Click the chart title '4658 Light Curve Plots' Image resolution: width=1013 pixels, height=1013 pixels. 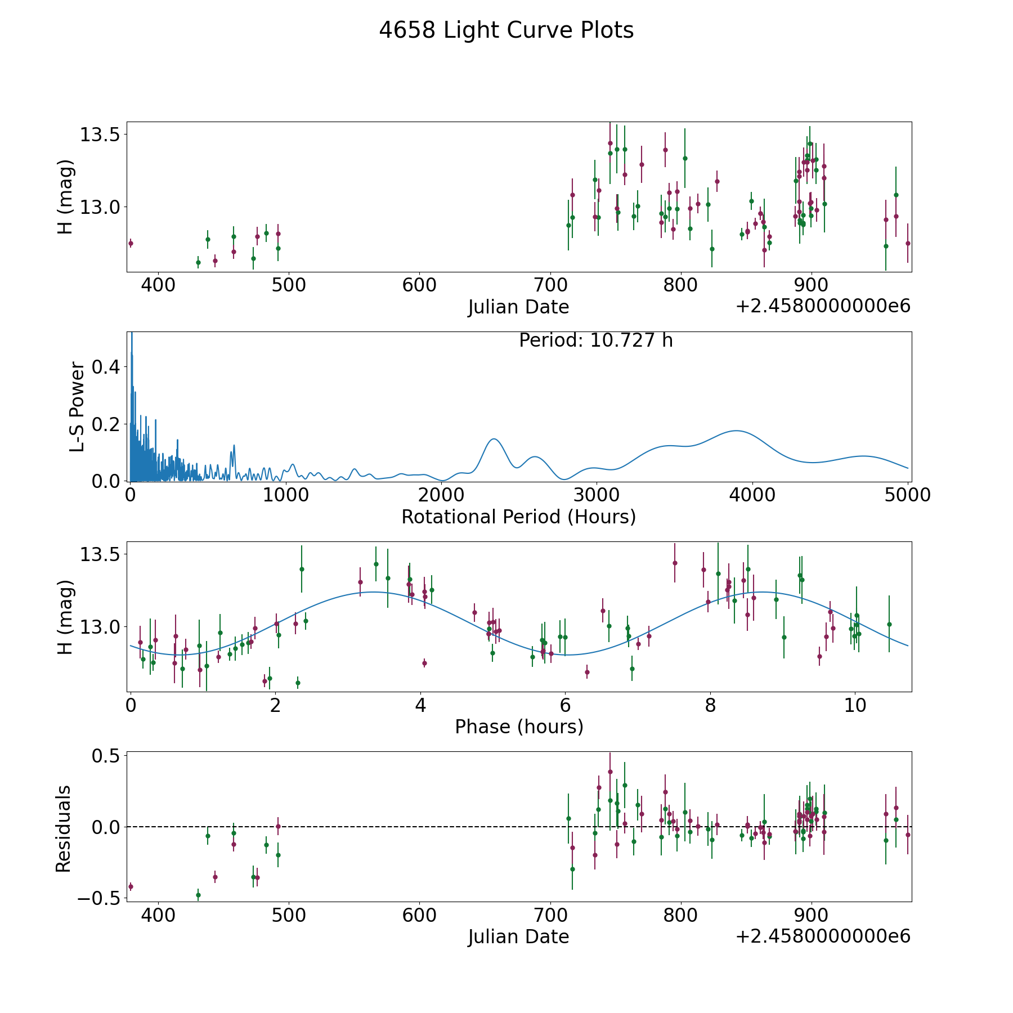(x=506, y=30)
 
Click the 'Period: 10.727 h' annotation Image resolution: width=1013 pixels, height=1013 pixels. (x=595, y=340)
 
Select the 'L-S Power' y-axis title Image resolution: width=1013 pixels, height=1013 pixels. (x=77, y=407)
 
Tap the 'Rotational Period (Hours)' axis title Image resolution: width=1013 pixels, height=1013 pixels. (x=518, y=517)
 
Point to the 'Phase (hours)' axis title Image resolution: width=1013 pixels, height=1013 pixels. (x=518, y=727)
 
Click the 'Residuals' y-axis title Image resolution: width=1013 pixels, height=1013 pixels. (x=64, y=828)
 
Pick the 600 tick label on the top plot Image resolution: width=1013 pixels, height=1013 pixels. (x=419, y=285)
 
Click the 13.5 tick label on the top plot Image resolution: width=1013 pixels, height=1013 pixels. (x=98, y=135)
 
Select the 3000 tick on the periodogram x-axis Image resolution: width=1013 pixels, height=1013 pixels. (x=596, y=495)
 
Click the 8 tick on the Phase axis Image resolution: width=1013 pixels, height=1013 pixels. (x=710, y=706)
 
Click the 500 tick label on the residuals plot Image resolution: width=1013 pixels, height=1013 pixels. (x=289, y=916)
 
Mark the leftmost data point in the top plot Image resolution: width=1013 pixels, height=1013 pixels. (x=131, y=244)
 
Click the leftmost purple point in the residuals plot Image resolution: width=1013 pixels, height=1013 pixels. (x=131, y=887)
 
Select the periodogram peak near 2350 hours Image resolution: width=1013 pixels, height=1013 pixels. (x=494, y=439)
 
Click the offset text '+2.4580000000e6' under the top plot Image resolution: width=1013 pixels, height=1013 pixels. (x=823, y=307)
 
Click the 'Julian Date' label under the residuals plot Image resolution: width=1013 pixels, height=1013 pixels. (x=518, y=937)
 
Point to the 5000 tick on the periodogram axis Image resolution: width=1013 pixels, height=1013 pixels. (x=907, y=495)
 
